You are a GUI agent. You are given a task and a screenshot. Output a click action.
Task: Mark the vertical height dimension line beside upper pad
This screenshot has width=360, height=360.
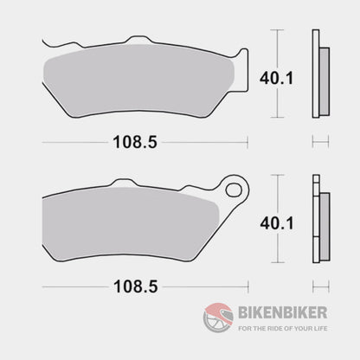point(276,74)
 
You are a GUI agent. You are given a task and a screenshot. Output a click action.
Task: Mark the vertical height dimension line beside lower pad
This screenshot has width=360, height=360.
point(276,220)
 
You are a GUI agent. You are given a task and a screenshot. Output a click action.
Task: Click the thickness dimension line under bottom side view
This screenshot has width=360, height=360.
point(319,285)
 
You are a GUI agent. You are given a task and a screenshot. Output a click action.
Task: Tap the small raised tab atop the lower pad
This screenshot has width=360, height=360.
point(130,185)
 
